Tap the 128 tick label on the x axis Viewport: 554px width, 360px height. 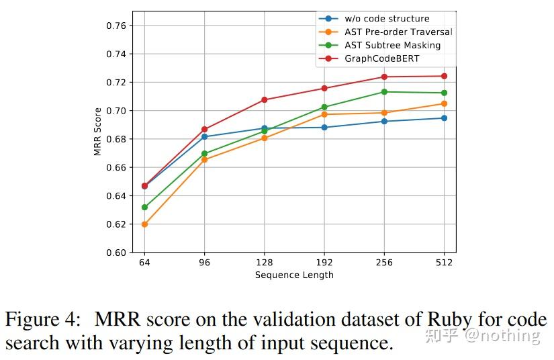(x=264, y=263)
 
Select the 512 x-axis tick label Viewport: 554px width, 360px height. (x=444, y=263)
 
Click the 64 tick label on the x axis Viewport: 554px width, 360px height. (x=144, y=263)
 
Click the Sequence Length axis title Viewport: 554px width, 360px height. (x=294, y=275)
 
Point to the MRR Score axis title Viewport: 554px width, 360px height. (x=98, y=132)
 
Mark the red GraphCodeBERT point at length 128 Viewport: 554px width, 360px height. (x=264, y=99)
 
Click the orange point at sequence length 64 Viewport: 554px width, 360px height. (x=144, y=224)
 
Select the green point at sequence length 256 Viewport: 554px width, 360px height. (x=384, y=92)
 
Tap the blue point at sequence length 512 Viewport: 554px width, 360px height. (x=444, y=118)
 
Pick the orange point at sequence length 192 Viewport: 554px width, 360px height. (x=324, y=114)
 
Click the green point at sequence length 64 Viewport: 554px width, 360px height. (x=144, y=207)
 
